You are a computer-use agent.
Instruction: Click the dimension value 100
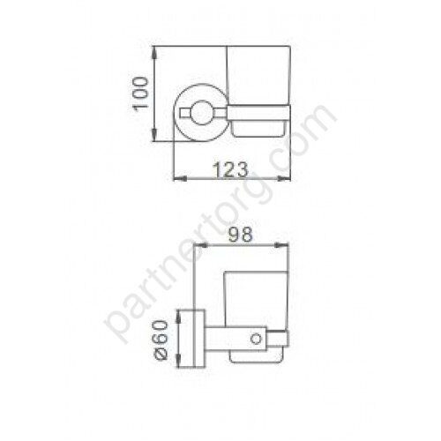(140, 93)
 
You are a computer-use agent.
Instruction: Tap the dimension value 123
(230, 169)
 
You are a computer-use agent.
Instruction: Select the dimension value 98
(241, 235)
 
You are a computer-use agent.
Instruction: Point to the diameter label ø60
(161, 340)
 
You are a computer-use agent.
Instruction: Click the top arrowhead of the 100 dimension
(154, 53)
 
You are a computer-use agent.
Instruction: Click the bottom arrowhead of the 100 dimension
(154, 135)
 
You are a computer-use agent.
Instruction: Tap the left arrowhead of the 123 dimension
(180, 178)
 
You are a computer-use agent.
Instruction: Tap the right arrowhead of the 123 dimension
(284, 178)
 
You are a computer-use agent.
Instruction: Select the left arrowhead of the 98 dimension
(201, 244)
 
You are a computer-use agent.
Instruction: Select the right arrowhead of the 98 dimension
(281, 244)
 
